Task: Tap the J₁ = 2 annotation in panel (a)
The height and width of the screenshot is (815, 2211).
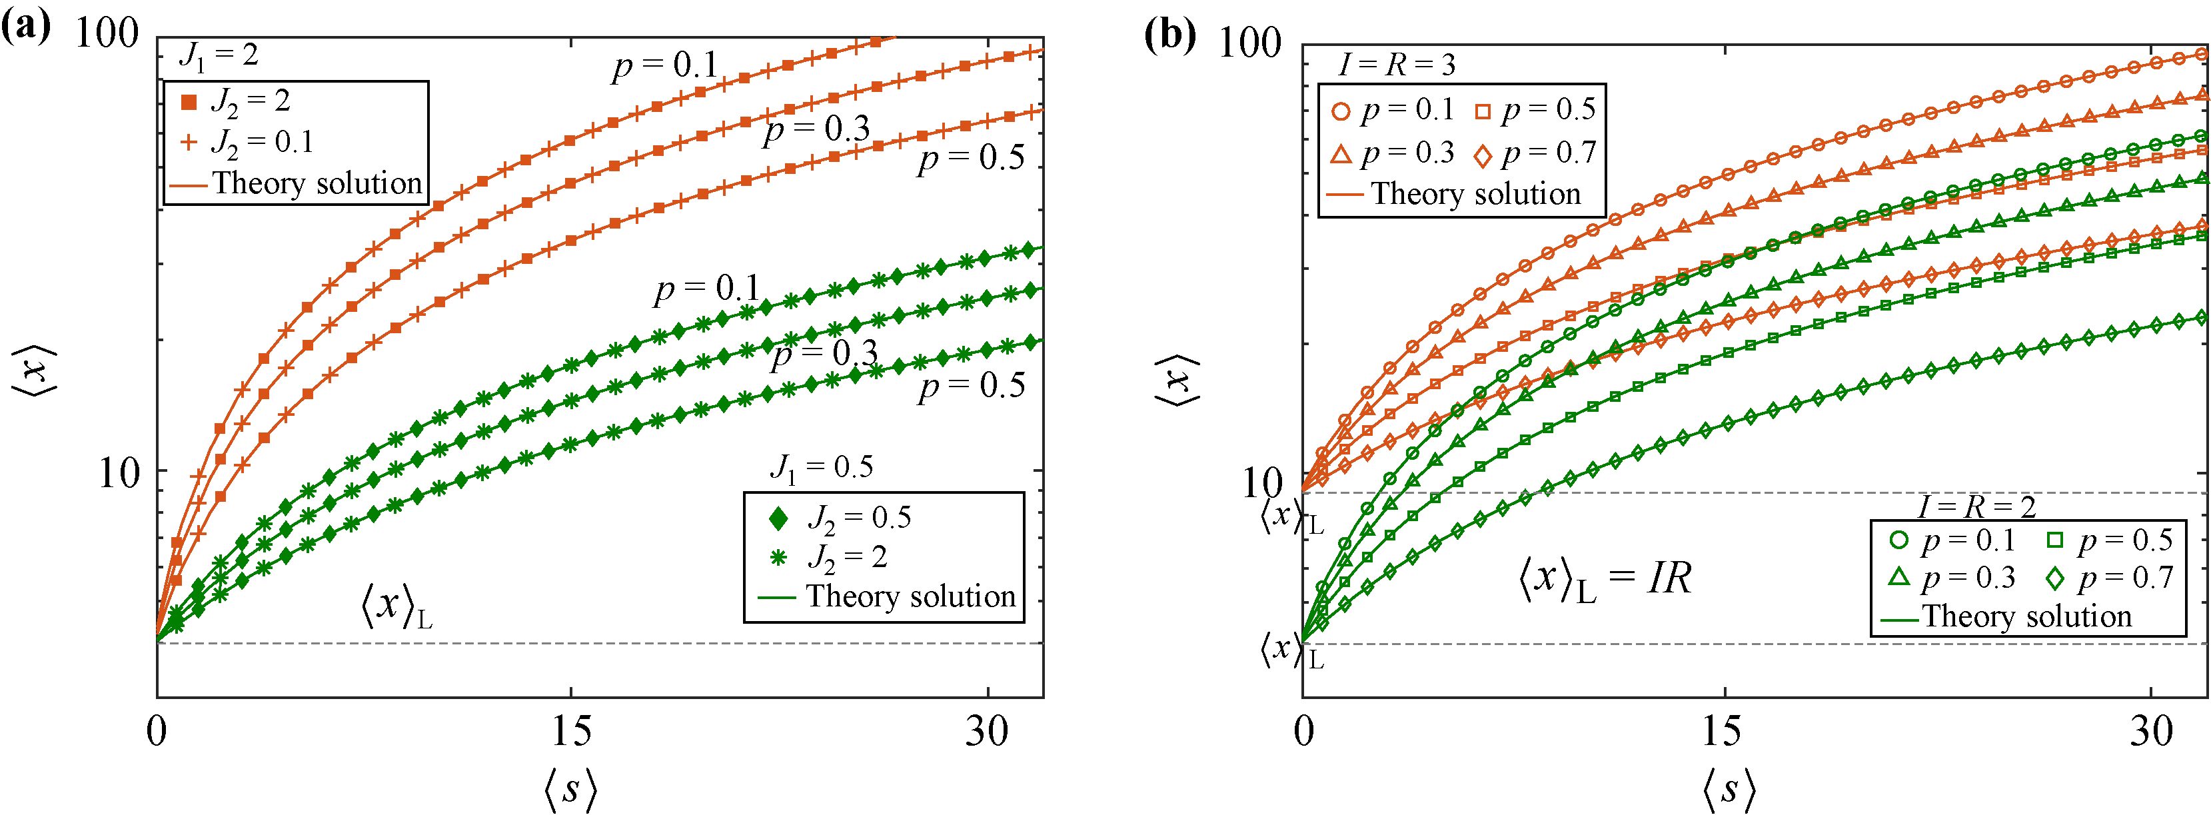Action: tap(218, 55)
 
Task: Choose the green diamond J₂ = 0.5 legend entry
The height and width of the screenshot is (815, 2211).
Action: tap(841, 517)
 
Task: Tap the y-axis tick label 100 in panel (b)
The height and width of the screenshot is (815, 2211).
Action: tap(1249, 43)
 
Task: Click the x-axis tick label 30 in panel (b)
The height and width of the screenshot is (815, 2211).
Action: tap(2150, 731)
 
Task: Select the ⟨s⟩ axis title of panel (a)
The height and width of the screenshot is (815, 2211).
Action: tap(570, 788)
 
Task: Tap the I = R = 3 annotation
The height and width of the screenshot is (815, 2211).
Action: tap(1397, 65)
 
